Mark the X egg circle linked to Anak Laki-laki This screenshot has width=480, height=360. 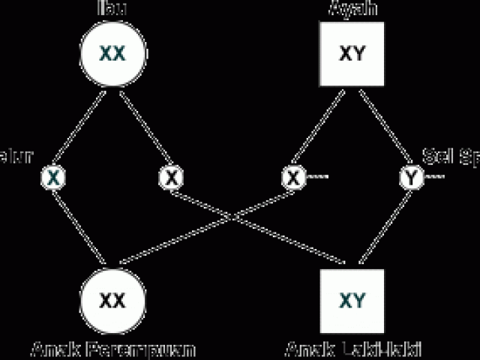(x=172, y=177)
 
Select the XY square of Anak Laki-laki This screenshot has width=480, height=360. (x=352, y=300)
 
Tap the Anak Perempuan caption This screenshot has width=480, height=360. (x=113, y=349)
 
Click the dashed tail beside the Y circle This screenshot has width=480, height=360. (x=435, y=178)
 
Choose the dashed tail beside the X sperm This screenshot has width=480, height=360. (x=317, y=178)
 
